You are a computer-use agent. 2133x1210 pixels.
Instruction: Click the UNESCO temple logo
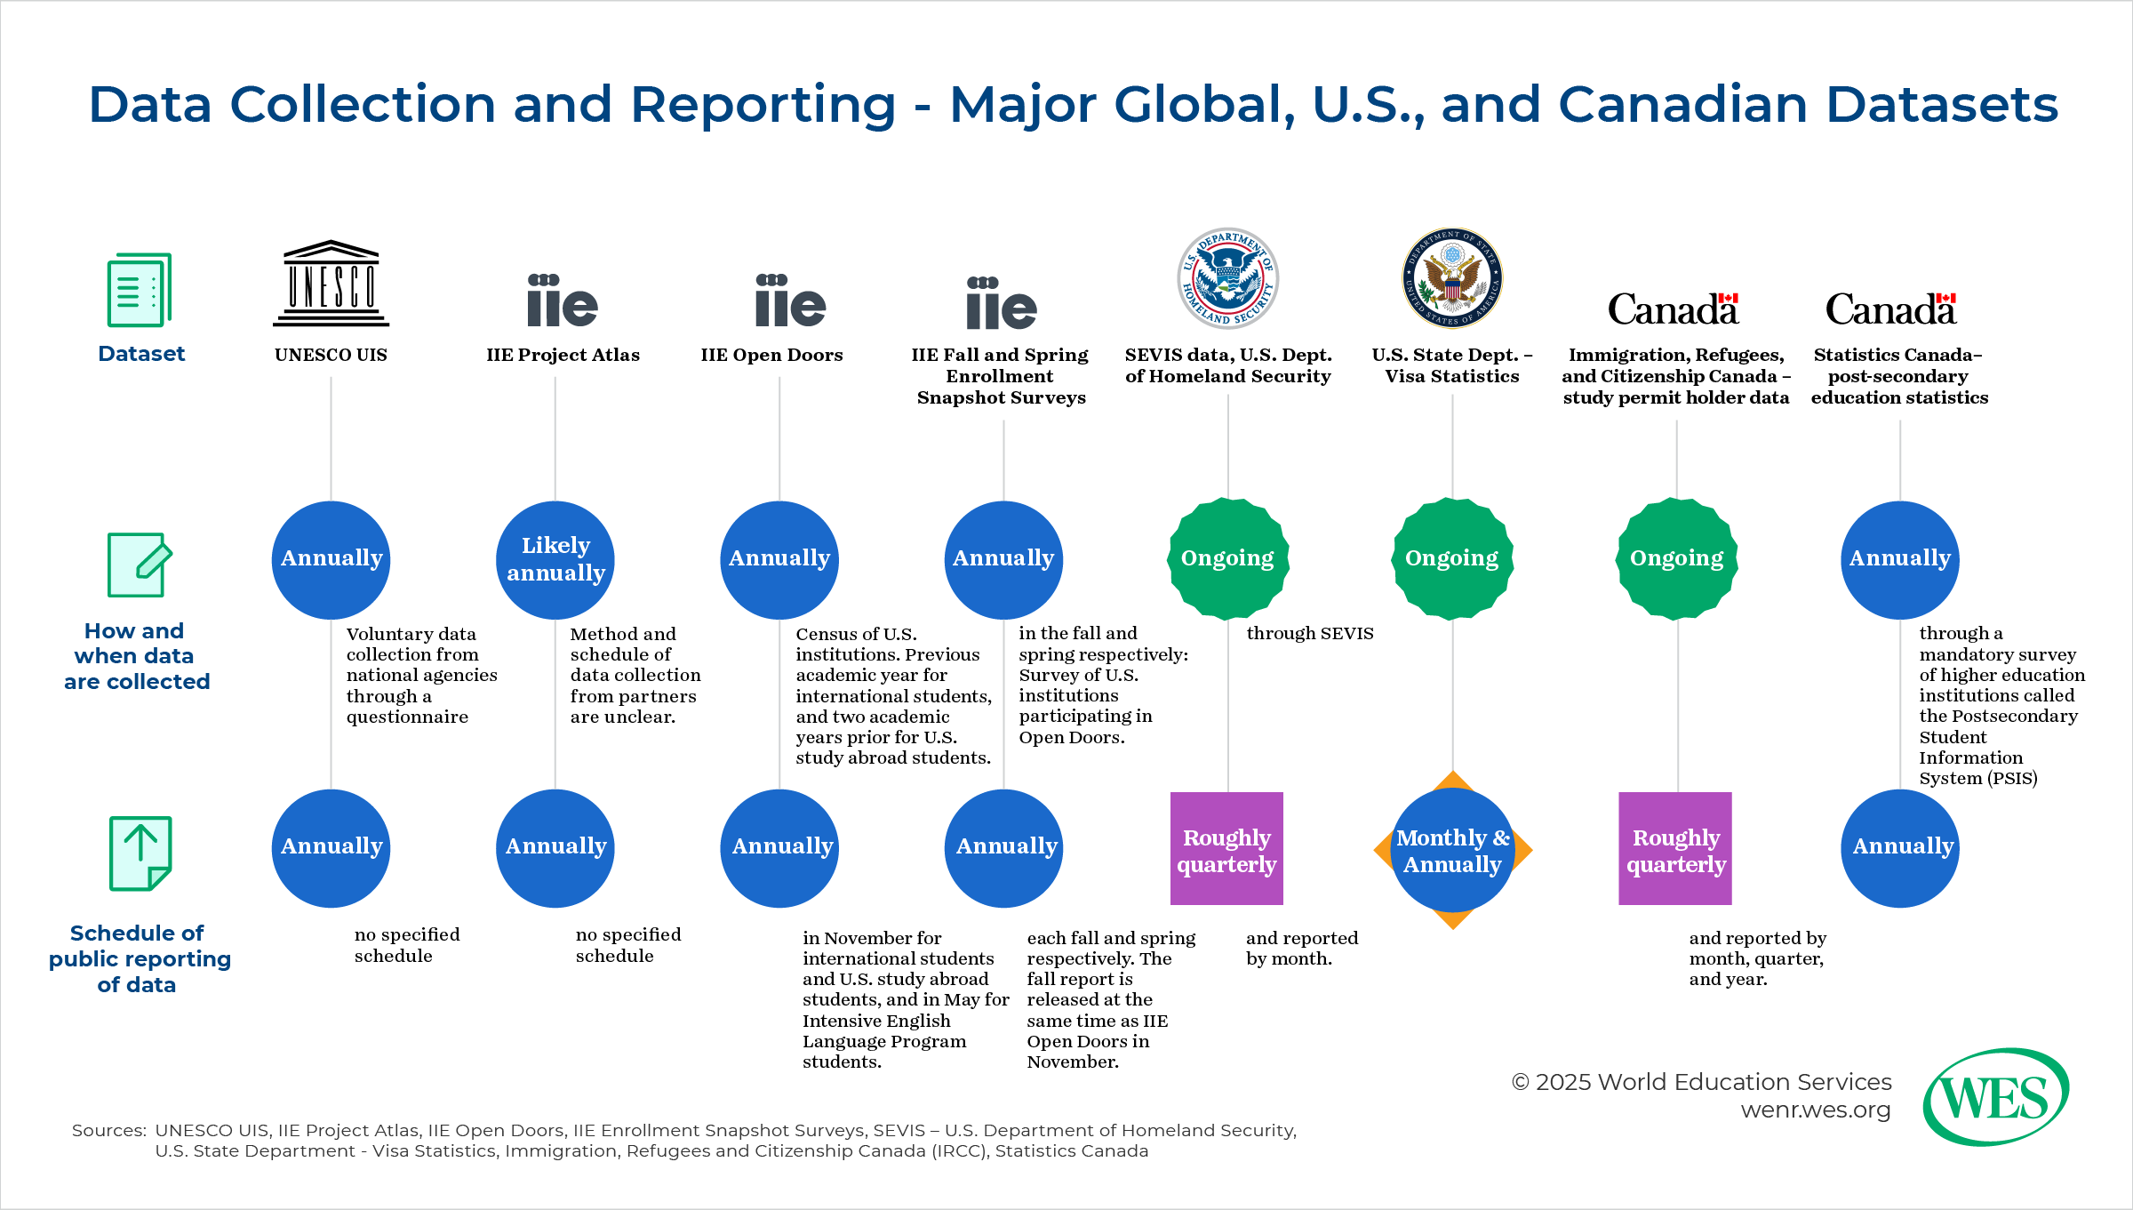331,284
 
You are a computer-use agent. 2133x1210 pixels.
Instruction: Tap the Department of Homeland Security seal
1228,278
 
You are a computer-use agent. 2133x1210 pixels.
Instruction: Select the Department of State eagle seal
1452,278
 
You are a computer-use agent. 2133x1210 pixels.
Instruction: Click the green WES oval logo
1995,1097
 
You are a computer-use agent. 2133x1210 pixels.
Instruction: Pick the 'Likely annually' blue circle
555,559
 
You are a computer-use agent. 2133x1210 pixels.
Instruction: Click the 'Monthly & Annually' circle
1452,850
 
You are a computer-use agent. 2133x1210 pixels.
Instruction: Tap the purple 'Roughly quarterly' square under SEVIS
1226,849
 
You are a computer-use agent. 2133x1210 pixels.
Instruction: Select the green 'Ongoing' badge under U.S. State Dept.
1452,558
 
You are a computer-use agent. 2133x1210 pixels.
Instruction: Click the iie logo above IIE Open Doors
790,301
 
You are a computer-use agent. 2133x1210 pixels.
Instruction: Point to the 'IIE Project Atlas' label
563,355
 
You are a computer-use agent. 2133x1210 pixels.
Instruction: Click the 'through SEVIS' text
1309,633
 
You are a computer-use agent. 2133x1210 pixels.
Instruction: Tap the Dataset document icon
140,290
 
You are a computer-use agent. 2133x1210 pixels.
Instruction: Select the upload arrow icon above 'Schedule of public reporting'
140,853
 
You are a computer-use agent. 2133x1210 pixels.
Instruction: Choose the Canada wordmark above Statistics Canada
1890,309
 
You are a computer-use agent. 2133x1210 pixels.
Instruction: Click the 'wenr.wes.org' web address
1815,1110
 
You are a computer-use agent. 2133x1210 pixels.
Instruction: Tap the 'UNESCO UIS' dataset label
331,355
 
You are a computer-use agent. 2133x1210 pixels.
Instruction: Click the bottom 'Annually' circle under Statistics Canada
1900,848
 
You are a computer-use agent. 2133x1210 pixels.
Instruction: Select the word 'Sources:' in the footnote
108,1130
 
